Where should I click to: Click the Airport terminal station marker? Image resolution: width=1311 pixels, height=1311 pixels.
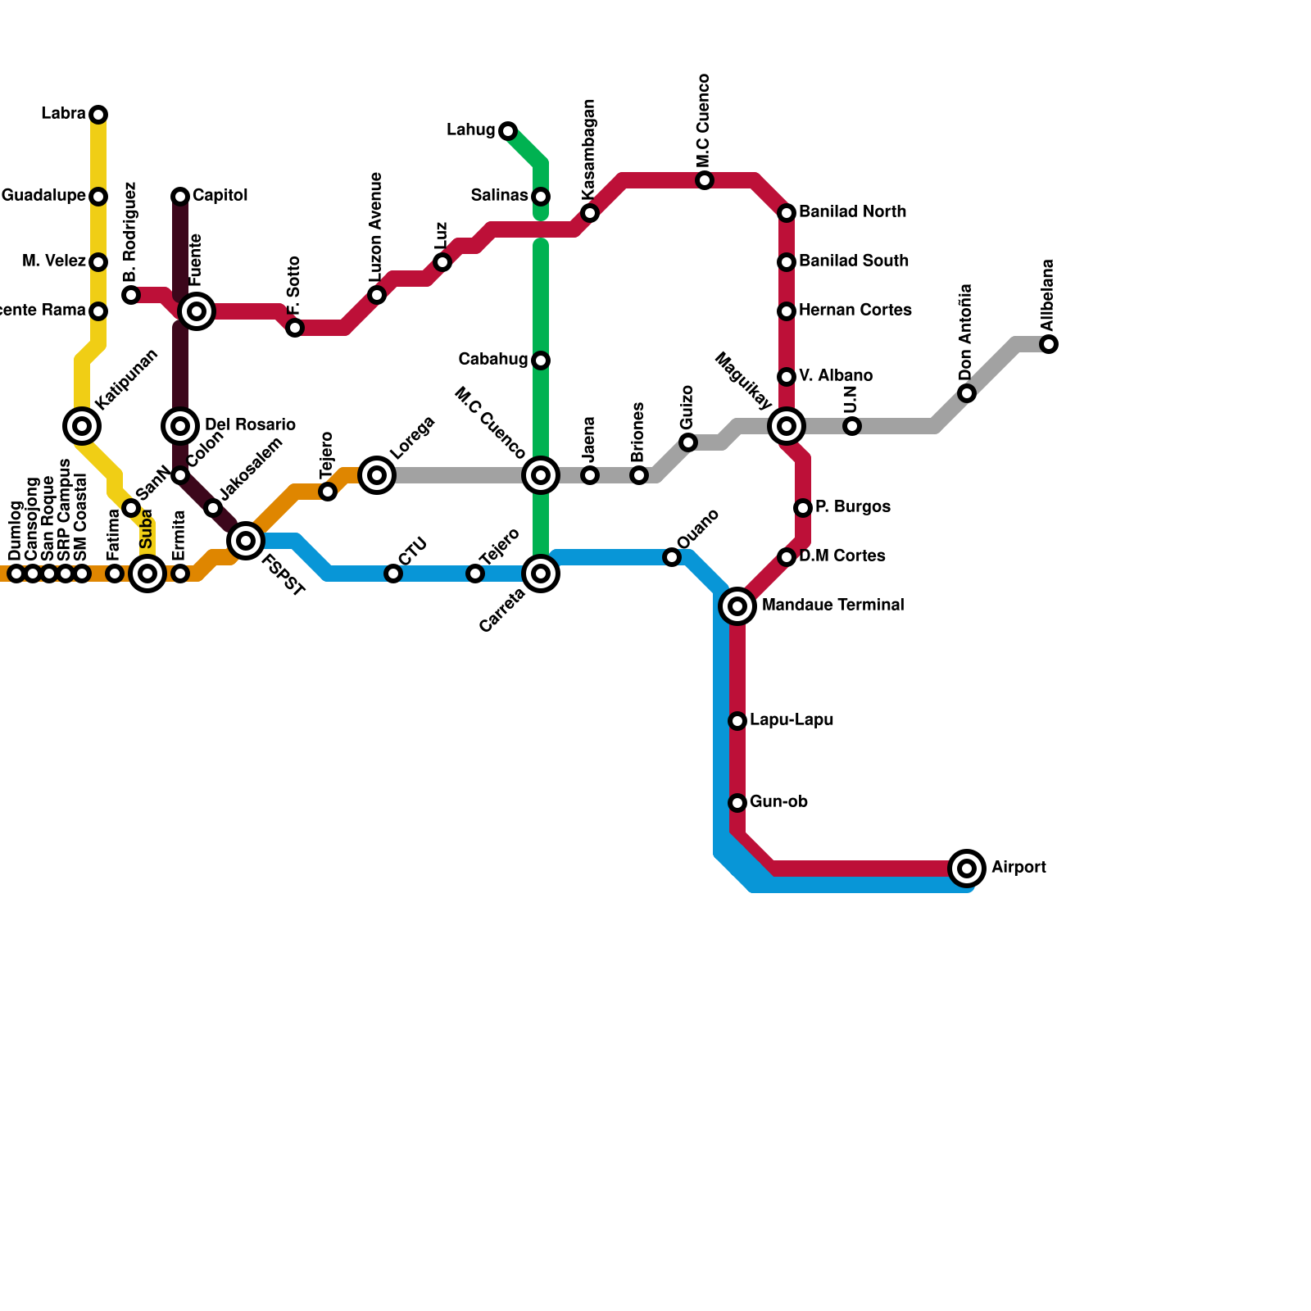point(967,868)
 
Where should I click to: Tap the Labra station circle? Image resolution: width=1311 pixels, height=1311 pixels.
point(98,114)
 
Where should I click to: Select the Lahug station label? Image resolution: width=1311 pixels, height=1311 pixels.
point(470,130)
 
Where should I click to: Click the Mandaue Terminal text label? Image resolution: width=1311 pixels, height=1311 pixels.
point(832,606)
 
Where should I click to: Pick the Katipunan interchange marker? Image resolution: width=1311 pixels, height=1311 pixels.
point(82,425)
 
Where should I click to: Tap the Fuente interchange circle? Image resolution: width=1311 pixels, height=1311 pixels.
point(197,311)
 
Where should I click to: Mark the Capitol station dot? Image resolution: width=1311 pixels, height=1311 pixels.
point(180,196)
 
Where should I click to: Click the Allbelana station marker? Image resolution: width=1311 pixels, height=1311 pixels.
point(1049,344)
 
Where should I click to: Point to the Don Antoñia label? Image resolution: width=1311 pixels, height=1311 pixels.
point(966,332)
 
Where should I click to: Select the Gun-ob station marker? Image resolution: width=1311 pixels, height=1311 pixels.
point(737,802)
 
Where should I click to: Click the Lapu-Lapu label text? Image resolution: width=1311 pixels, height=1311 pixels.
point(792,720)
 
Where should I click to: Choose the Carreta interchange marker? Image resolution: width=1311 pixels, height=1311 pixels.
point(541,574)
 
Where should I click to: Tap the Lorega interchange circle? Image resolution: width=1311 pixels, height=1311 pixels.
point(377,474)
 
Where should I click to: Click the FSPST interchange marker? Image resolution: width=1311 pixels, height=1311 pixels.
point(246,540)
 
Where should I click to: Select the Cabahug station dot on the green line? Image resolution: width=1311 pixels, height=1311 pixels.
point(541,361)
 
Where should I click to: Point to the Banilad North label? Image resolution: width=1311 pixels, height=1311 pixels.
point(852,212)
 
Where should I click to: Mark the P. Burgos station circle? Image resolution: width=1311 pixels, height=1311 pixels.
point(803,508)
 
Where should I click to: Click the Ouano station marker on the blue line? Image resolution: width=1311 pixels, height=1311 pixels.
point(672,557)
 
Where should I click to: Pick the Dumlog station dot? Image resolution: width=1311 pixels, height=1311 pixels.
point(16,574)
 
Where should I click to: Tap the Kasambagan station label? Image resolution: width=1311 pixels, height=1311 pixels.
point(589,149)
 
